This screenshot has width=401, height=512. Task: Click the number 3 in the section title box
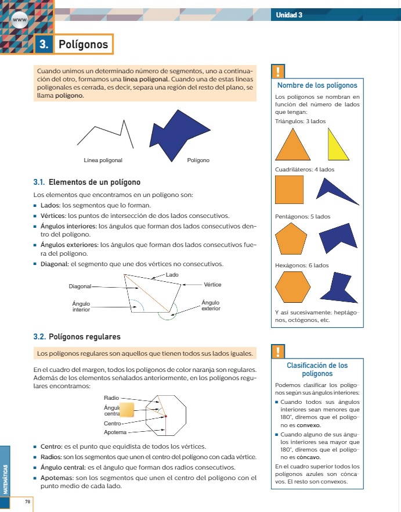(x=44, y=44)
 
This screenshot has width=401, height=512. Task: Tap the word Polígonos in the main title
(x=84, y=44)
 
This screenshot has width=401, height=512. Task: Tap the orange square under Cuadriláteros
(x=289, y=189)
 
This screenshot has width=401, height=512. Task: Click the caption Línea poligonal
(x=103, y=160)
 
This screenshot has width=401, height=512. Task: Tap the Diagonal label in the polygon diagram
(x=80, y=286)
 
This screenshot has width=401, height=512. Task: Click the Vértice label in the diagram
(x=213, y=284)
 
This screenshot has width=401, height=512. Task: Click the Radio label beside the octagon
(x=111, y=398)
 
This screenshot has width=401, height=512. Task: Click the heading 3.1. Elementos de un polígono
(x=87, y=182)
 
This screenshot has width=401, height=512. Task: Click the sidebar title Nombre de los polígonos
(x=317, y=85)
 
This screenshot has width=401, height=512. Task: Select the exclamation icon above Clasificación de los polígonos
(x=279, y=351)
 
